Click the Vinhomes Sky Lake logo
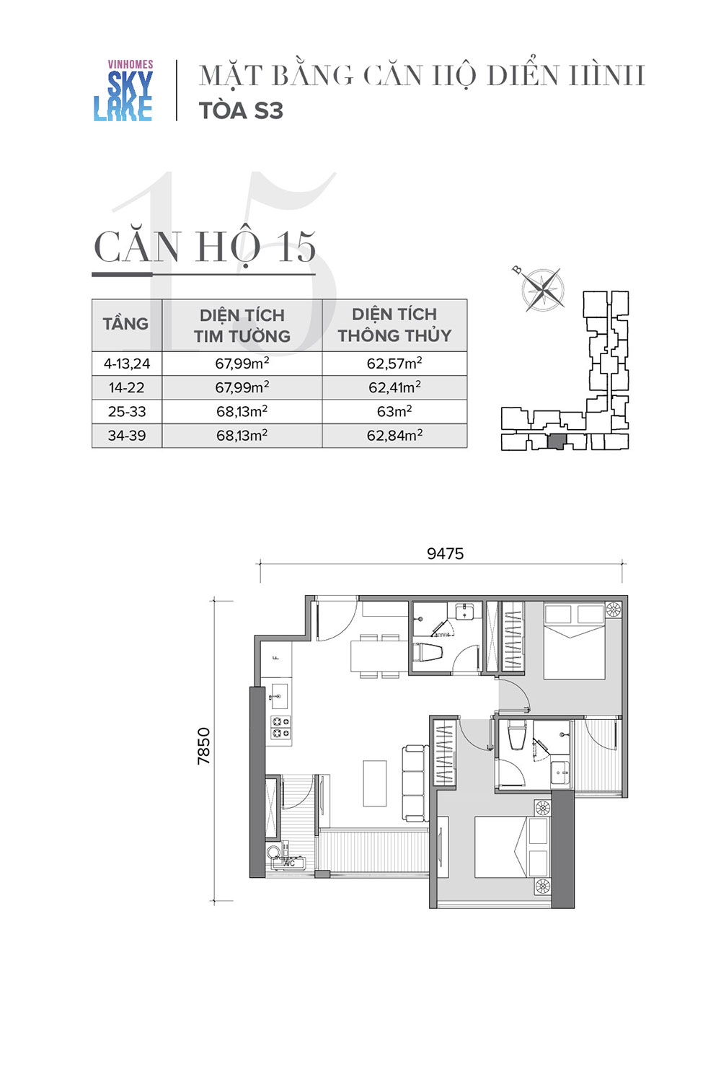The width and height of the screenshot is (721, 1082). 123,90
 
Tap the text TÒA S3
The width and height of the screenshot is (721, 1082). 241,111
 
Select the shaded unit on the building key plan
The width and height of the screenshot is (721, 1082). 557,441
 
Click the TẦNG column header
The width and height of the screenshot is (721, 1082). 126,324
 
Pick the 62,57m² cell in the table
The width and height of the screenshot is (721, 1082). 394,364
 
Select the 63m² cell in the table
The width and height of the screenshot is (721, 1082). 394,412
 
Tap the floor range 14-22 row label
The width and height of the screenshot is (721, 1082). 126,387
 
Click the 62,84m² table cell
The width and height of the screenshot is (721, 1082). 394,436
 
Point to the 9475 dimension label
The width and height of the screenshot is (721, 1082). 446,553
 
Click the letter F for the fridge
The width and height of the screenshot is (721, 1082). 277,657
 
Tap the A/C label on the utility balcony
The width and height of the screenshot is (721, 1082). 289,863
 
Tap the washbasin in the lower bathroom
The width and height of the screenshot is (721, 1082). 560,773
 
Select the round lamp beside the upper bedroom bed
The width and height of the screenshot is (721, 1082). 614,610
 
